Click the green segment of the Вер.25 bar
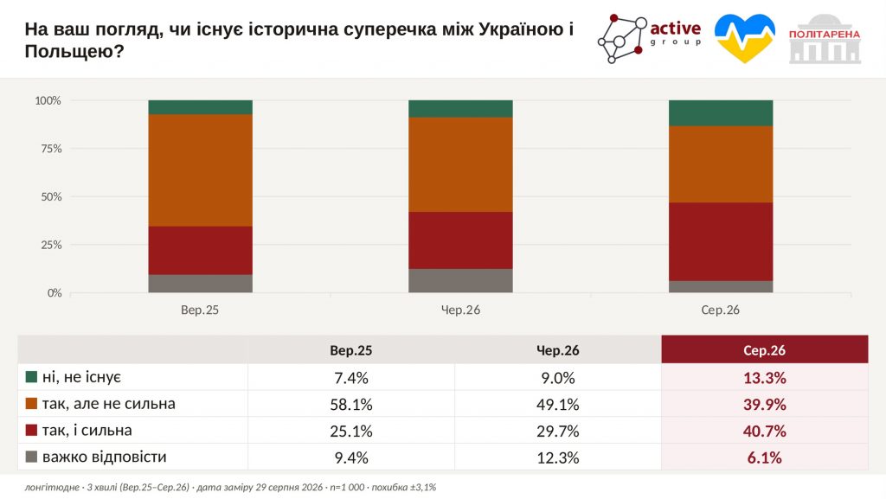(200, 107)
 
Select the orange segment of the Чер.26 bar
(460, 165)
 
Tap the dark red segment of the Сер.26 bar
(721, 241)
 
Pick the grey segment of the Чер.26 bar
(460, 280)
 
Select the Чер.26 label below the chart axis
(460, 310)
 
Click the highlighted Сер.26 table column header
(765, 350)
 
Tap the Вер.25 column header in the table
(351, 350)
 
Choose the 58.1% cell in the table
(351, 404)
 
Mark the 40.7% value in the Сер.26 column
(765, 432)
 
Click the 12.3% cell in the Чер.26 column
(558, 457)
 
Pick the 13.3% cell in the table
(765, 378)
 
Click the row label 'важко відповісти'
(105, 457)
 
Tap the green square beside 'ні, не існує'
(32, 376)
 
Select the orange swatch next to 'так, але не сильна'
(32, 403)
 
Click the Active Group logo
(649, 38)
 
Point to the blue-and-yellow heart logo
(745, 38)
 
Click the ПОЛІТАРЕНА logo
(825, 38)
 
